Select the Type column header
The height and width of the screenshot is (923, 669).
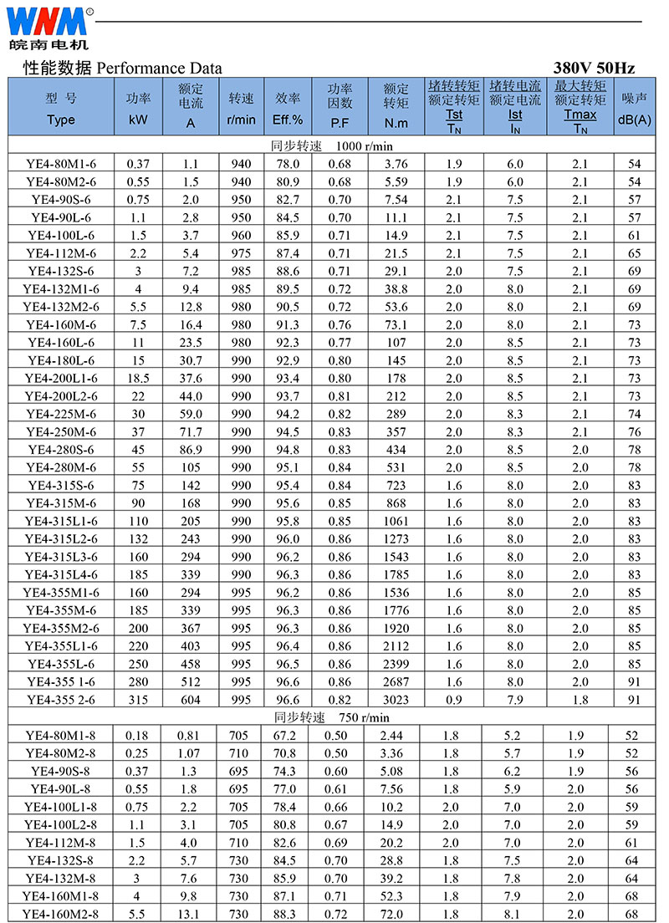(61, 119)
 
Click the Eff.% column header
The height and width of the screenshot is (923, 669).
(287, 120)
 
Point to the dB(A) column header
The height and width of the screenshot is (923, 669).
(635, 120)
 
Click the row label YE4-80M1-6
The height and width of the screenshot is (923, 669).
(61, 164)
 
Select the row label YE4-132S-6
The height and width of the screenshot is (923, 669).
(61, 272)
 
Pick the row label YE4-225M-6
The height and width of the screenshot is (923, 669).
(61, 414)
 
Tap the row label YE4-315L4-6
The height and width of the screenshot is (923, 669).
(61, 574)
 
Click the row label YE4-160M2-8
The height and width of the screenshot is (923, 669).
(61, 914)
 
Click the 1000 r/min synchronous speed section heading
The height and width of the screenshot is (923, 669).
(331, 146)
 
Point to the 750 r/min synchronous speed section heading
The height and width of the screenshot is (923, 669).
(331, 717)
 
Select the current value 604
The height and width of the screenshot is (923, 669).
(192, 700)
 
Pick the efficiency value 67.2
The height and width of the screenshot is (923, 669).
(287, 735)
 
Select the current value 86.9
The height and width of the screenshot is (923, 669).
(192, 450)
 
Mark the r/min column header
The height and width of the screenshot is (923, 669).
(241, 120)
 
